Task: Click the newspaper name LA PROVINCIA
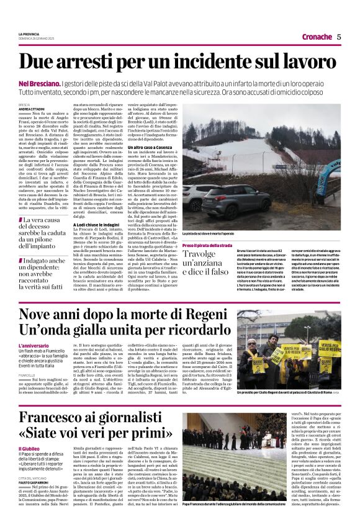pyautogui.click(x=31, y=33)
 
